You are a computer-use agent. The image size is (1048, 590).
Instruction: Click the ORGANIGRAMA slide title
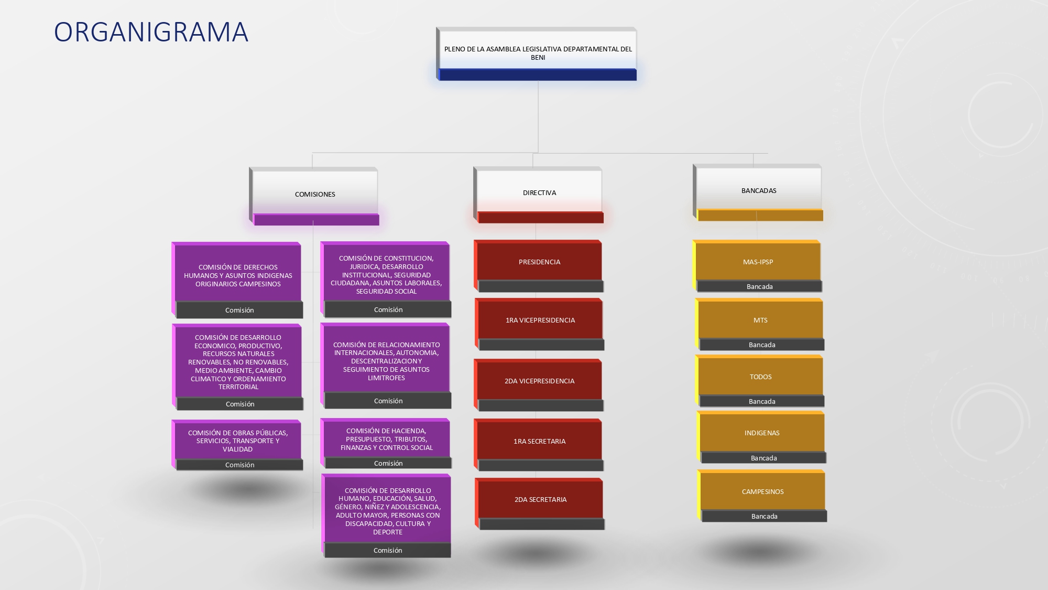[151, 32]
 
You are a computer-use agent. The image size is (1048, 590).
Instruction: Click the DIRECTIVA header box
[539, 195]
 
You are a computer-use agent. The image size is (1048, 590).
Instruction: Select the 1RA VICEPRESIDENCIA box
[540, 324]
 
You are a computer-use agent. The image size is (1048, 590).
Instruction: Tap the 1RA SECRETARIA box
[539, 445]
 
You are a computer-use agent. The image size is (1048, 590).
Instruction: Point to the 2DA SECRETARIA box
[540, 503]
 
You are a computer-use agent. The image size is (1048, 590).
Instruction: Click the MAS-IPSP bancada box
[757, 266]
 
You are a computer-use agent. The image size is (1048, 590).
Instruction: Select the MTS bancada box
[760, 324]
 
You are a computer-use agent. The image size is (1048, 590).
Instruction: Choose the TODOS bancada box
[760, 381]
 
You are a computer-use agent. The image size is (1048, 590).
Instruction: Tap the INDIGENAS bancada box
[761, 437]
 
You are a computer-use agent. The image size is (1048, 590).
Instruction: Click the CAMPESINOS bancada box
[762, 496]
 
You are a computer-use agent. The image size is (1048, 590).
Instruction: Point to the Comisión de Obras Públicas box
[237, 445]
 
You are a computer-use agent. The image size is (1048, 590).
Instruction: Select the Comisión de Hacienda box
[386, 443]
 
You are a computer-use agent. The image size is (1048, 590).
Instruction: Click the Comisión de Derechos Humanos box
[237, 280]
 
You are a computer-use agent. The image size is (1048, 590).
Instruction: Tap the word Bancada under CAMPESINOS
[765, 517]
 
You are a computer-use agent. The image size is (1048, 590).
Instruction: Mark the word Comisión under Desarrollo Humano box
[388, 550]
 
